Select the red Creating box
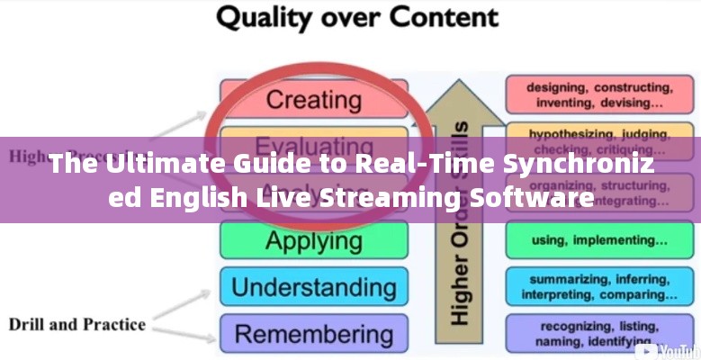(x=313, y=98)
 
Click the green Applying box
(x=313, y=240)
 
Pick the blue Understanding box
(x=313, y=287)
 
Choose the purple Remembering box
(x=313, y=333)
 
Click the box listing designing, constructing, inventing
(x=598, y=95)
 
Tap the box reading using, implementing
(x=598, y=240)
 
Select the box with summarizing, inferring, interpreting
(x=598, y=286)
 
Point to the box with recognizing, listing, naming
(x=598, y=332)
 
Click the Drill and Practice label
(x=77, y=324)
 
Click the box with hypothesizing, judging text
(x=598, y=140)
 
